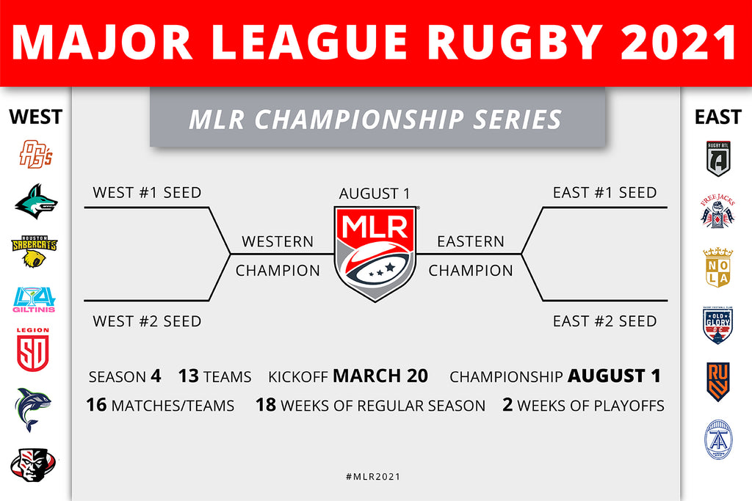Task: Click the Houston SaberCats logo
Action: [34, 251]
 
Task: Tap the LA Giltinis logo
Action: [34, 300]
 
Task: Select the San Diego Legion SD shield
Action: [33, 350]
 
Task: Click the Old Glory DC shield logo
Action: [717, 325]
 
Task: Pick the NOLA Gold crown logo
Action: [717, 267]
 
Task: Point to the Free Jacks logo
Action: [717, 211]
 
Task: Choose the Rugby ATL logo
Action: [718, 158]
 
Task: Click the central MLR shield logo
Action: [375, 253]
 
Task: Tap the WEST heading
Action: [35, 117]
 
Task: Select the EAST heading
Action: [718, 117]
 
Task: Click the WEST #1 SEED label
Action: [147, 192]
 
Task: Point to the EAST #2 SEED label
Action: [605, 321]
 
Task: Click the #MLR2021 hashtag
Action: [373, 477]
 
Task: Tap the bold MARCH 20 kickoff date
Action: [381, 376]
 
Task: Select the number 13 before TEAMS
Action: [189, 376]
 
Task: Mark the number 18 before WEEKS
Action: [266, 405]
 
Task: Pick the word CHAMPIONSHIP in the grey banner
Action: [360, 120]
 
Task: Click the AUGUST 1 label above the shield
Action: [375, 194]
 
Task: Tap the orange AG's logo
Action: [35, 154]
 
